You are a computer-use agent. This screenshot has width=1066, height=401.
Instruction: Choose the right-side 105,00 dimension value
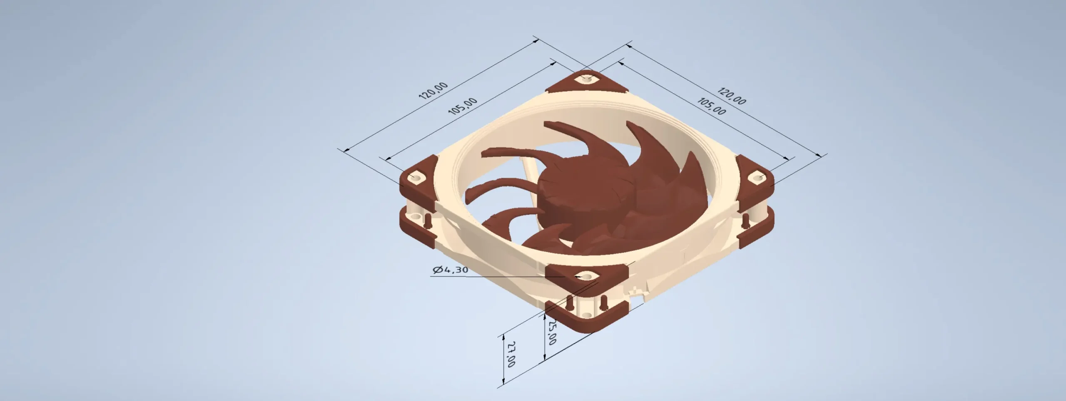[x=712, y=106]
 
